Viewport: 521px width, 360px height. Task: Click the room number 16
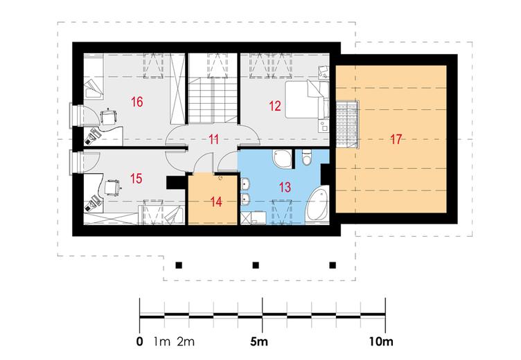(x=137, y=102)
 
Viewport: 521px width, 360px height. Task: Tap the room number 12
(x=275, y=107)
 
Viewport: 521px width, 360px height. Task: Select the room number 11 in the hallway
(x=213, y=139)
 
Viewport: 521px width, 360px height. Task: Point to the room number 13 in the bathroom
(x=285, y=187)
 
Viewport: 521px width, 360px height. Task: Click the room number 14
(x=216, y=201)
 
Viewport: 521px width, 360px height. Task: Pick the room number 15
(x=136, y=179)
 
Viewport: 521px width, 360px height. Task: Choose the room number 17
(x=396, y=139)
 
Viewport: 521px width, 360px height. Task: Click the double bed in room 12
(x=307, y=99)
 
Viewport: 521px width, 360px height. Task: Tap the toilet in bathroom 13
(x=306, y=156)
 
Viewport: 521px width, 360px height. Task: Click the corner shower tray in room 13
(x=282, y=158)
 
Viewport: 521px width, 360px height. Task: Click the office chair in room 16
(x=109, y=116)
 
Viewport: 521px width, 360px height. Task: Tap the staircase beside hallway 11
(x=213, y=100)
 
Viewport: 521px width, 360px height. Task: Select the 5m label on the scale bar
(x=259, y=341)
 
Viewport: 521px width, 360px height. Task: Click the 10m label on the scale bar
(x=381, y=341)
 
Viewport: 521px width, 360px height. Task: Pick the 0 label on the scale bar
(x=140, y=341)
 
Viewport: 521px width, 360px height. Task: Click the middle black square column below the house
(x=256, y=265)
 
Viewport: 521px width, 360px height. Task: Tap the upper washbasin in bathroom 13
(x=245, y=183)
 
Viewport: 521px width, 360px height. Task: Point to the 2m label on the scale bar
(x=186, y=341)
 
